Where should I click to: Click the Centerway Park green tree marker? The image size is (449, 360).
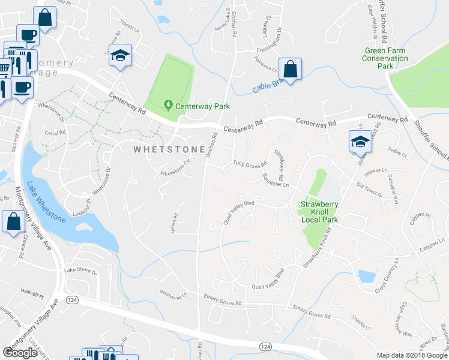[168, 105]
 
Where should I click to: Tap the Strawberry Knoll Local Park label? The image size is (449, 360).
[319, 212]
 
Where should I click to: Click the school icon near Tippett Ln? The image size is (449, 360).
[120, 56]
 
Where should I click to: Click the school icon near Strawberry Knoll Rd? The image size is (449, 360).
[360, 142]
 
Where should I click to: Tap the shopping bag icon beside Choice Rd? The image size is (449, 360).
[13, 222]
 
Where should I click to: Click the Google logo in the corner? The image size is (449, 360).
[20, 352]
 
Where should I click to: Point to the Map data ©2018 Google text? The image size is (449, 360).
[412, 355]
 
